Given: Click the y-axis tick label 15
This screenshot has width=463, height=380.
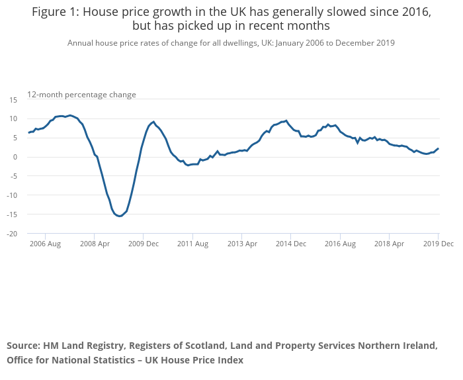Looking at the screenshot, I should click(13, 99).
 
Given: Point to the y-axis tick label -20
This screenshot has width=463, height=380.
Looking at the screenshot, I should click(11, 234).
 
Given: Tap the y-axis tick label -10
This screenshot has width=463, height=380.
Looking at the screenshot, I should click(11, 195).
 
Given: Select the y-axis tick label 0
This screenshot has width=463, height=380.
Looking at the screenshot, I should click(15, 157).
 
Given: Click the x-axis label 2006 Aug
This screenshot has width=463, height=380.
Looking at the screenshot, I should click(45, 244).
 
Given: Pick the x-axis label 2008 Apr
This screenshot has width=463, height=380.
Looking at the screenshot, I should click(94, 244).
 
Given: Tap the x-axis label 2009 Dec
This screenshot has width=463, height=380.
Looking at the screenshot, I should click(144, 244).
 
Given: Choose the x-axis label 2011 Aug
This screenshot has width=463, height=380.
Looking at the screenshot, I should click(192, 244).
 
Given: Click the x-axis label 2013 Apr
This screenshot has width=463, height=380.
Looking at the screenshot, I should click(241, 244).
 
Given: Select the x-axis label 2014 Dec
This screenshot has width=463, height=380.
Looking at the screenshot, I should click(291, 244).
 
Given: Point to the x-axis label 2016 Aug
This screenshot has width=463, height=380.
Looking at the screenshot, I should click(340, 244).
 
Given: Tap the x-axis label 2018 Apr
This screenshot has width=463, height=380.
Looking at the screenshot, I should click(389, 244).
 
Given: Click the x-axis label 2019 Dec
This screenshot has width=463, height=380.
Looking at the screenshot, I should click(438, 244).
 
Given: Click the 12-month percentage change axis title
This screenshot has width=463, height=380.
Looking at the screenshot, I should click(81, 95).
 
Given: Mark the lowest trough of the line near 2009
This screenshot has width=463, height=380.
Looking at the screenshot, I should click(120, 216).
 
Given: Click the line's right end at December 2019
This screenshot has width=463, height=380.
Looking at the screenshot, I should click(438, 148).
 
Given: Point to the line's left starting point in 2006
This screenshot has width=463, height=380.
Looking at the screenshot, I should click(28, 133).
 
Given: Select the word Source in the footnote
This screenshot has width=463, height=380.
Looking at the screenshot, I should click(23, 346).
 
